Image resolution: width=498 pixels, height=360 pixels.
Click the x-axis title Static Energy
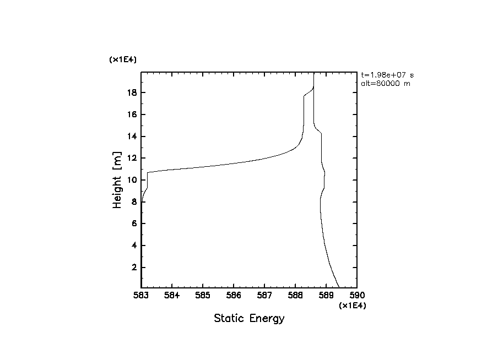[x=249, y=319]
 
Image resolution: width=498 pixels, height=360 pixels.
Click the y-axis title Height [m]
[x=117, y=180]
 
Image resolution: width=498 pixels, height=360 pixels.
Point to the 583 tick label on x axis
[x=141, y=296]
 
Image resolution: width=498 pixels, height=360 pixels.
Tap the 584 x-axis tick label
[x=172, y=296]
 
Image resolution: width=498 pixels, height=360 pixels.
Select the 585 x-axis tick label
[x=203, y=296]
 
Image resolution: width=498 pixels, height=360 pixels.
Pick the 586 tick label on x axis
[x=234, y=296]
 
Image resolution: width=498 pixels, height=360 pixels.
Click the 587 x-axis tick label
[x=264, y=296]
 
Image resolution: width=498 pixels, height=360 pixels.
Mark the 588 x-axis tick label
[x=295, y=296]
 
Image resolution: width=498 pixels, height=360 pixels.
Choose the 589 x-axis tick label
[x=326, y=296]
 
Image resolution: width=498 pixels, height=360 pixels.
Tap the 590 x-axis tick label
[x=357, y=296]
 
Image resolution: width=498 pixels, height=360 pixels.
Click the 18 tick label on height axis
[x=131, y=92]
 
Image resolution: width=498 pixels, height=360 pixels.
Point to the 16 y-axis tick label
[x=131, y=114]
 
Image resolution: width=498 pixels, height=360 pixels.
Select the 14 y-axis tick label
[x=131, y=137]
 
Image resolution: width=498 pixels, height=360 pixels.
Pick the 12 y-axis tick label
[x=131, y=158]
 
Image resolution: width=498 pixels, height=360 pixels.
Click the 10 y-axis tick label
[x=131, y=180]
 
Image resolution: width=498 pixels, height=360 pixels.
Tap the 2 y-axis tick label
[x=133, y=268]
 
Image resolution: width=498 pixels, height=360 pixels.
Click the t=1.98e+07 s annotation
[x=387, y=75]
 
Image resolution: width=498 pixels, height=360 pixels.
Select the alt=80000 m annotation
[x=385, y=84]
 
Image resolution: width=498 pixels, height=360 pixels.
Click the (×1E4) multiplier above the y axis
[x=122, y=59]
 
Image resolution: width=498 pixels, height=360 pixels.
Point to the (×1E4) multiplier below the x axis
[x=353, y=306]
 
